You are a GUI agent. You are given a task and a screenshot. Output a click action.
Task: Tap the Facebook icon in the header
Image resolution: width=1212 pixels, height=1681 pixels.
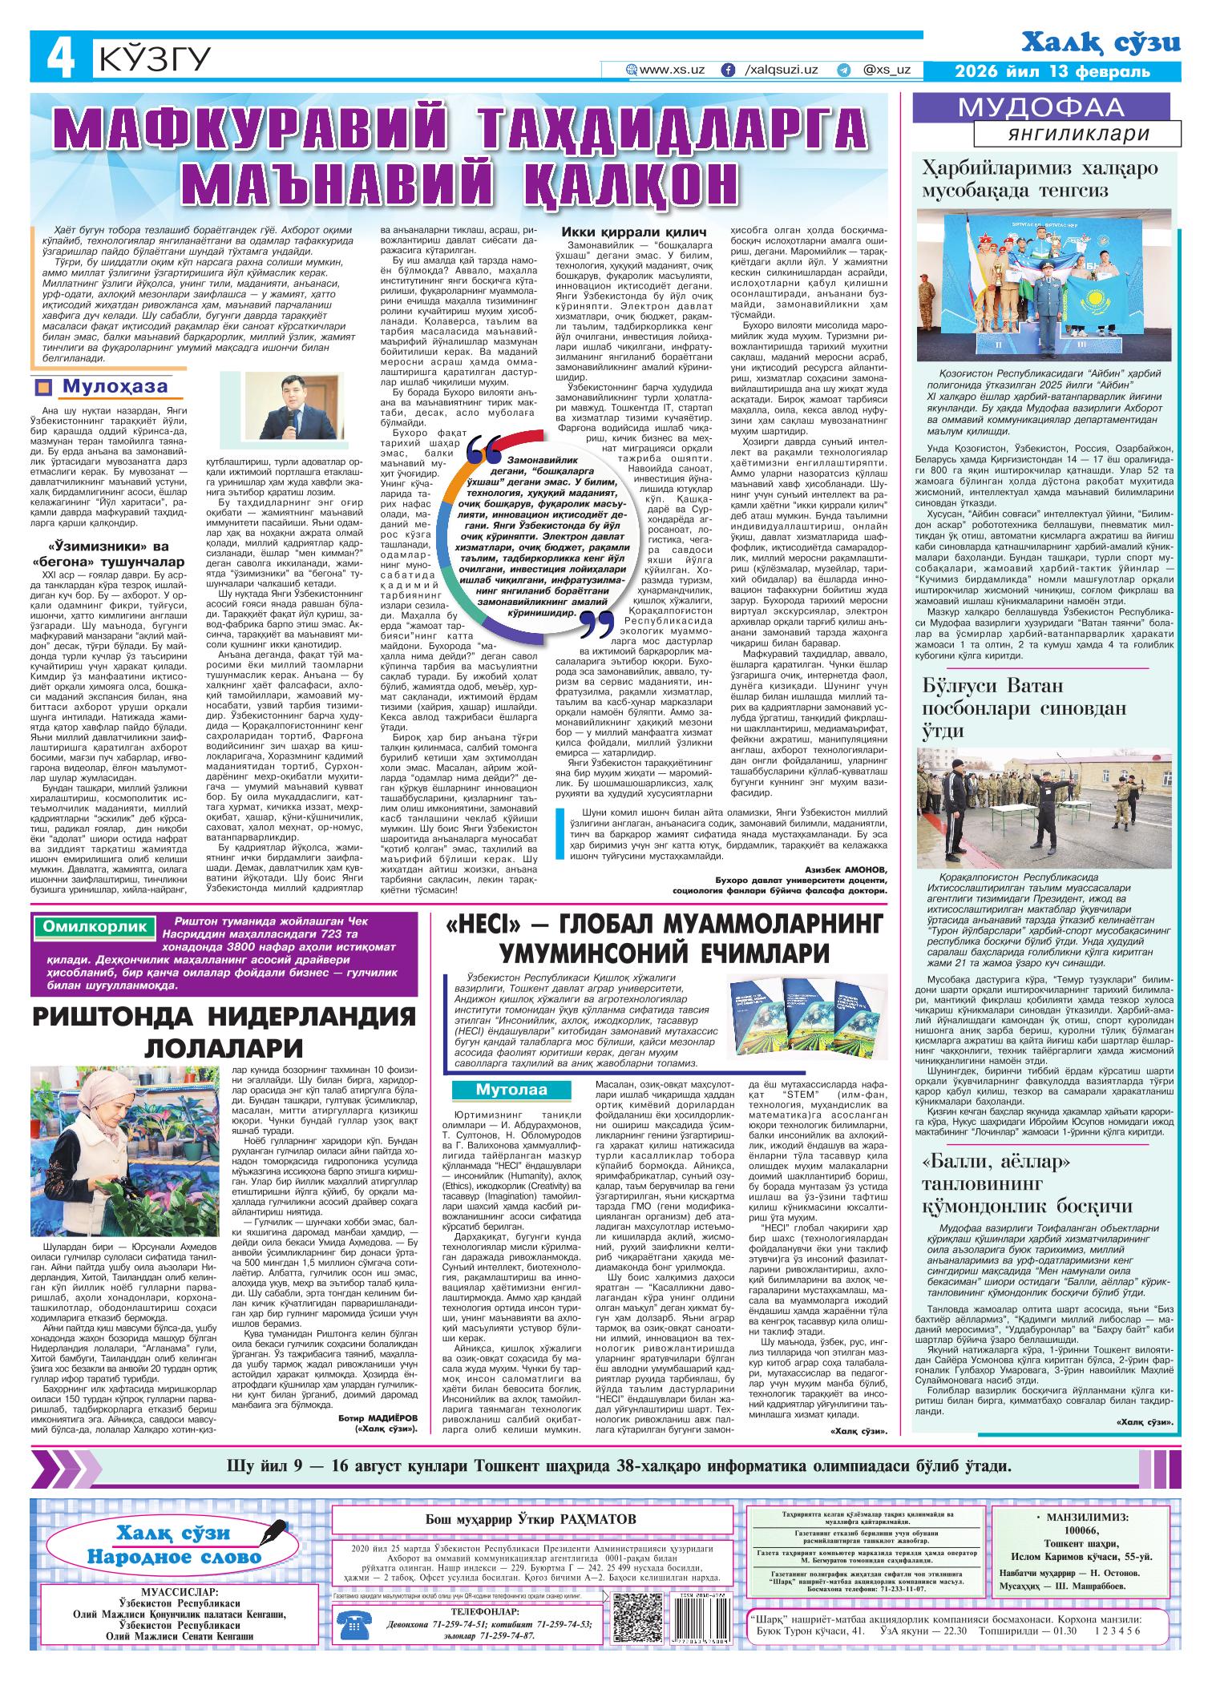click(728, 70)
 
